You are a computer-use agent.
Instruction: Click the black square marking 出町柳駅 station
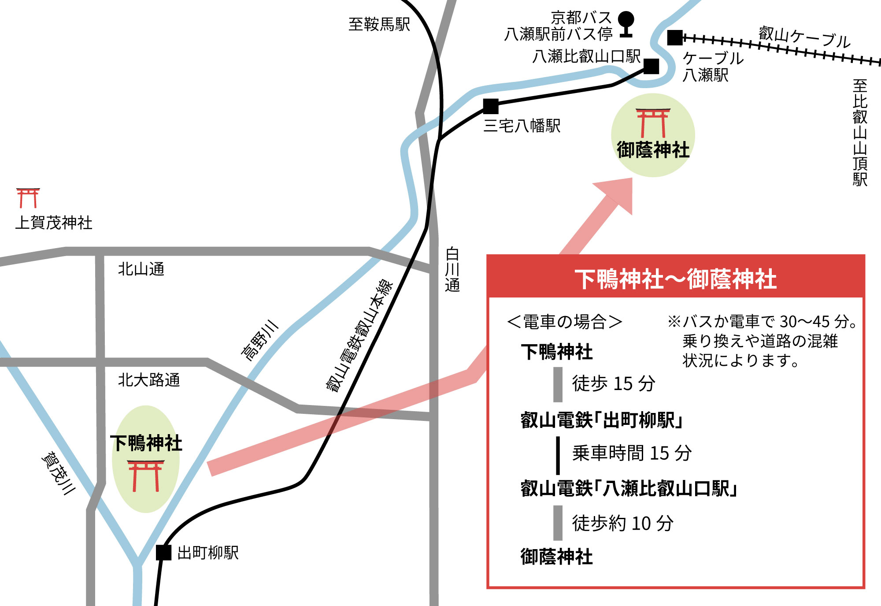(163, 553)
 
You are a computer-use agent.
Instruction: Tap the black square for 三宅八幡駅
(491, 106)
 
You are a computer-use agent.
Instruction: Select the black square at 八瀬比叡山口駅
(651, 67)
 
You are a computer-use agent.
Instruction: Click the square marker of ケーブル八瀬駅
(675, 38)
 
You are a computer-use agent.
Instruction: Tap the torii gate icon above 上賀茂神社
(28, 198)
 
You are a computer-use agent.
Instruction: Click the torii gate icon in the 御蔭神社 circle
(653, 123)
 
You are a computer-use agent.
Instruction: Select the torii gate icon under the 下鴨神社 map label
(146, 476)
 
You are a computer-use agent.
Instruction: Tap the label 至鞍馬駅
(379, 24)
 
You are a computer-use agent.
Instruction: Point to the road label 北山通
(141, 269)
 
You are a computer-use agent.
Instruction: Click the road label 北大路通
(149, 379)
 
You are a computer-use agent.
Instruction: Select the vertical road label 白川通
(452, 270)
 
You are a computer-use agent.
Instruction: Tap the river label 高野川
(260, 340)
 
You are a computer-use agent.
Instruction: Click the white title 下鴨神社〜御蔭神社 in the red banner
(675, 279)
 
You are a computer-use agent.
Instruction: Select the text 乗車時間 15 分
(632, 453)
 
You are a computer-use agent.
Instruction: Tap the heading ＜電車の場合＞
(565, 322)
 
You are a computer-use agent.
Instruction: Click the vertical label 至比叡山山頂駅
(860, 133)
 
